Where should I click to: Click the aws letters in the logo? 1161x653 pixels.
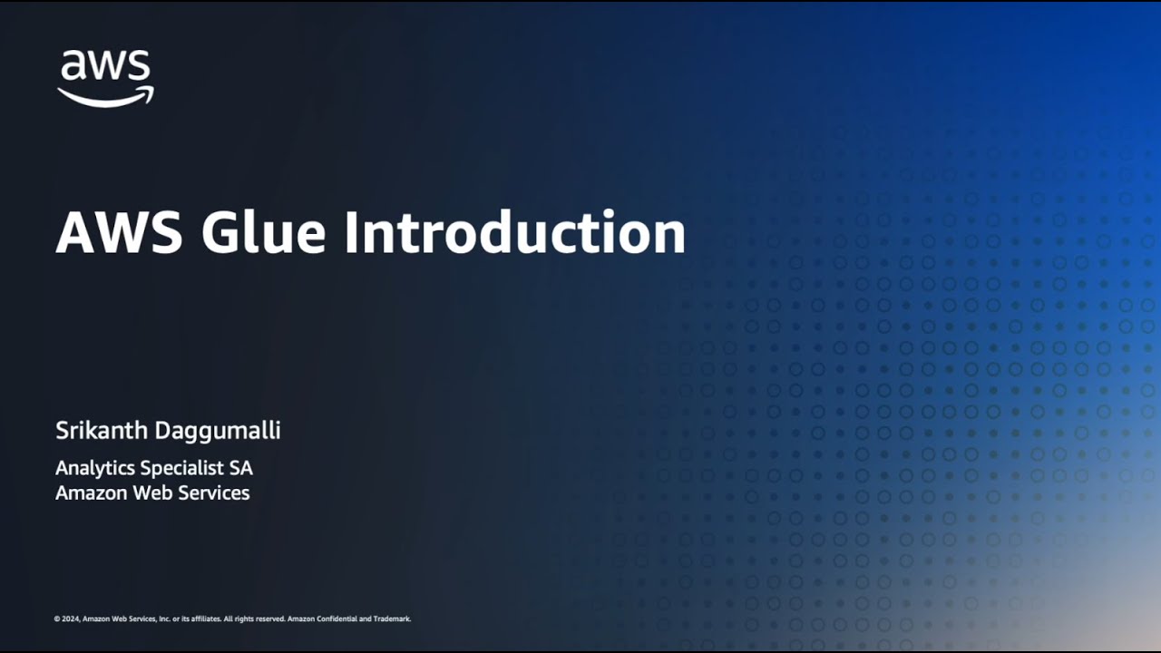[x=105, y=67]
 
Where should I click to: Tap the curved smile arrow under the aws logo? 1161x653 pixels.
[x=105, y=96]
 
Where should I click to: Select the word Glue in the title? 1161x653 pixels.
[x=263, y=233]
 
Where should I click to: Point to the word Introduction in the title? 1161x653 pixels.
[x=513, y=233]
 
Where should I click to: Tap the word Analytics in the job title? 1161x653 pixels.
[x=94, y=468]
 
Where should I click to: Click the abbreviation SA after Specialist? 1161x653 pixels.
[x=240, y=468]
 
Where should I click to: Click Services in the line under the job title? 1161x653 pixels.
[x=213, y=493]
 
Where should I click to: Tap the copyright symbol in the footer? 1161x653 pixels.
[x=57, y=619]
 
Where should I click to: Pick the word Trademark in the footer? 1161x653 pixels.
[x=392, y=619]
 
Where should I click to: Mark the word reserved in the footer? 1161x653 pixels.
[x=268, y=619]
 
